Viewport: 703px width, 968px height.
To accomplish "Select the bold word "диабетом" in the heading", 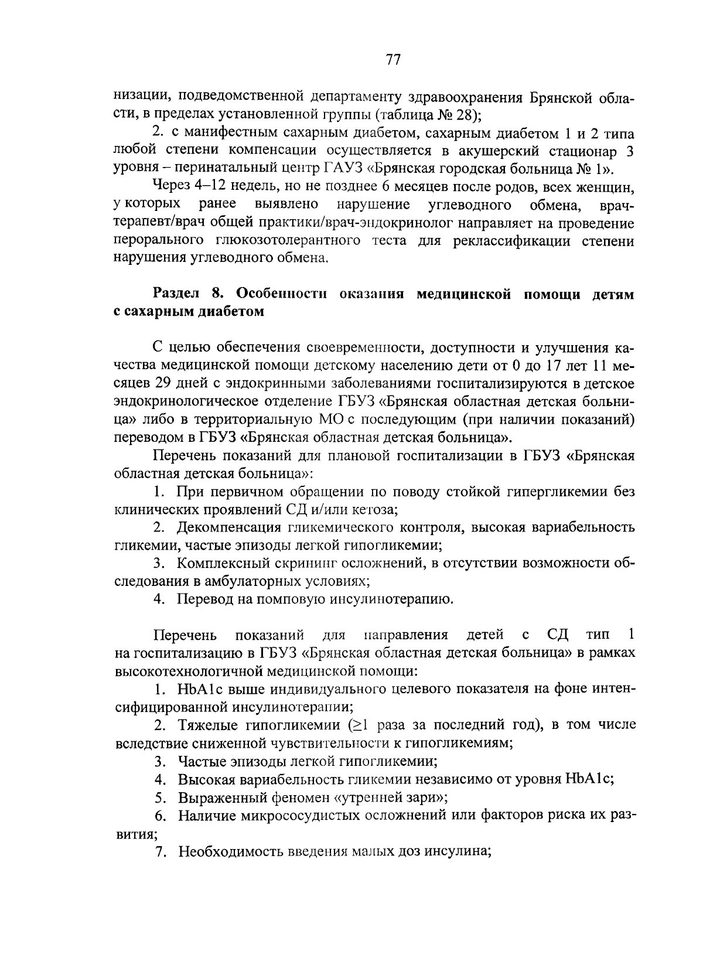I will (234, 311).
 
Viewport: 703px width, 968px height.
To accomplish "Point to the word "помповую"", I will (275, 599).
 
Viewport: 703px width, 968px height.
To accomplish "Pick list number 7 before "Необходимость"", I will (159, 851).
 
